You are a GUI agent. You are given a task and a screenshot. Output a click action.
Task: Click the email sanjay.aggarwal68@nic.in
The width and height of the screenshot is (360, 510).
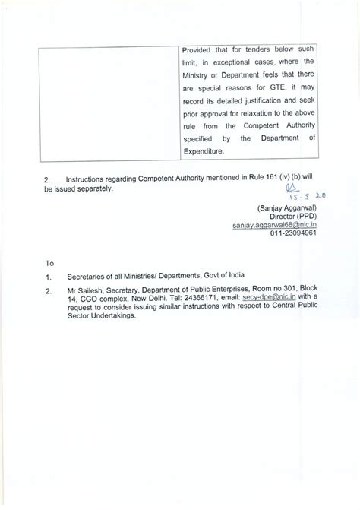pos(275,226)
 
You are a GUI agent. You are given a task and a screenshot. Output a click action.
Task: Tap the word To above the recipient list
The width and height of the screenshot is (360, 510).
pos(50,263)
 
